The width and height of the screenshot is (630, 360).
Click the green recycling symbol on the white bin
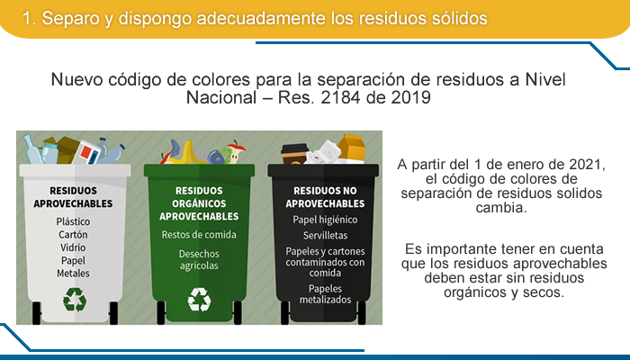click(75, 300)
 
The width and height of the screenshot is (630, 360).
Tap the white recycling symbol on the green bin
click(199, 300)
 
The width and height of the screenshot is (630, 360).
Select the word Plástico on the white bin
click(73, 221)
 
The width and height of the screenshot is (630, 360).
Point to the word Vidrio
click(73, 247)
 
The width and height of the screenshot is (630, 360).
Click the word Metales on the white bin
click(73, 274)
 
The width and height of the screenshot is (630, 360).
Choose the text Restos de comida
click(199, 235)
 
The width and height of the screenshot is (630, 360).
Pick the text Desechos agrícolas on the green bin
click(199, 259)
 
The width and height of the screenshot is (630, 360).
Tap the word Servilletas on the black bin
click(326, 236)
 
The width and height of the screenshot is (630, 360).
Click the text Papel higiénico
click(325, 220)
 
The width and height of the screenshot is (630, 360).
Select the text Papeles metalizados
click(326, 294)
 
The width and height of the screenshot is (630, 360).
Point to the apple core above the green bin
click(236, 151)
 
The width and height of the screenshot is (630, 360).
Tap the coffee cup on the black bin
click(293, 154)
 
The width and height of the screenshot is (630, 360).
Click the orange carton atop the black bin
click(352, 148)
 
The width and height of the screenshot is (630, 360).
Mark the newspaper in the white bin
click(86, 152)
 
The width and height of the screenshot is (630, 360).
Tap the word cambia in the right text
click(501, 208)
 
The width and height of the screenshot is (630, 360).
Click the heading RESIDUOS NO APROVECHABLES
click(325, 197)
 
